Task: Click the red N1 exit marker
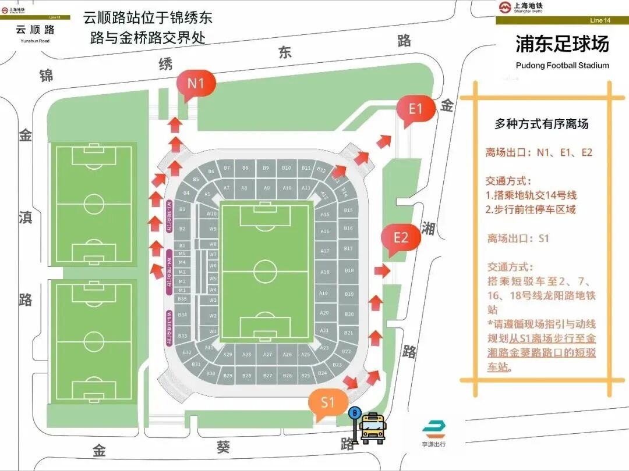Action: click(x=196, y=84)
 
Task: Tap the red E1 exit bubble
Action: click(x=415, y=109)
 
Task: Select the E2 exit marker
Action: click(x=401, y=238)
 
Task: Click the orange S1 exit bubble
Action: click(x=328, y=402)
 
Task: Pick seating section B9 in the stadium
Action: click(x=266, y=168)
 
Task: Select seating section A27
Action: click(x=267, y=355)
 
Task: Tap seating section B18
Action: click(x=349, y=271)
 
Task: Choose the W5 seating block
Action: click(x=213, y=278)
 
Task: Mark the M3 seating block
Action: click(x=182, y=272)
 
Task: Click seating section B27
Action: click(x=267, y=376)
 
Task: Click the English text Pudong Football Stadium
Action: click(x=562, y=65)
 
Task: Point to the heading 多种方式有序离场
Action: click(x=542, y=124)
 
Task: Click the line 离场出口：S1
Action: click(x=518, y=238)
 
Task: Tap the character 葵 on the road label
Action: click(x=224, y=447)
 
